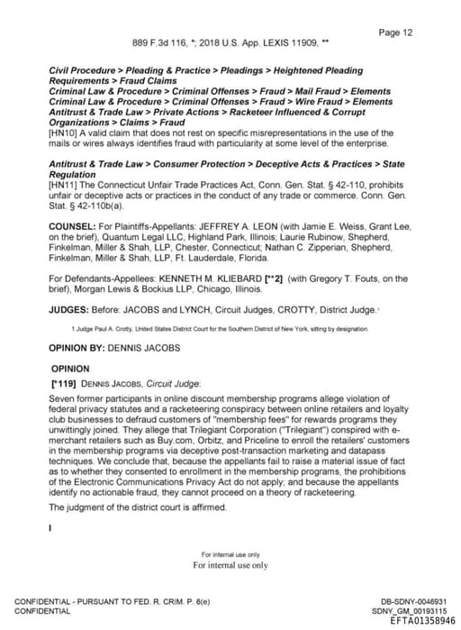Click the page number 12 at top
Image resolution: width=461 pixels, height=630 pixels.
click(x=395, y=32)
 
